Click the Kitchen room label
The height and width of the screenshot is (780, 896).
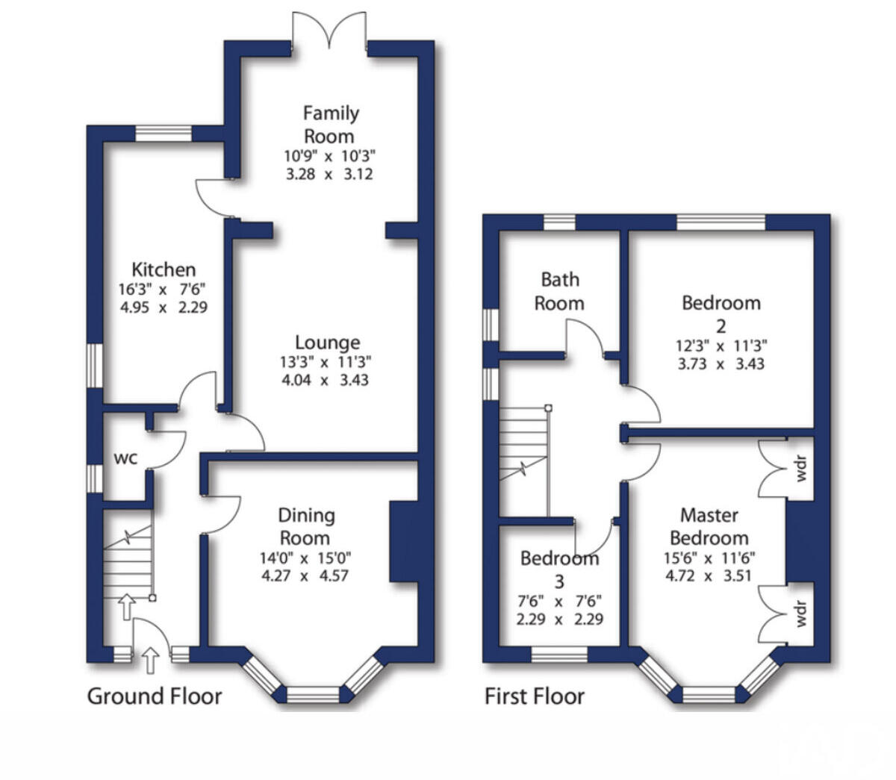coord(164,269)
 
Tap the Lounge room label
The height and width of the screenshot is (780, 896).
coord(328,343)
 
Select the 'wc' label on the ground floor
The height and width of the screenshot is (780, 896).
coord(125,458)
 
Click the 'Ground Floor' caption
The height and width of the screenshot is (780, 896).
coord(155,696)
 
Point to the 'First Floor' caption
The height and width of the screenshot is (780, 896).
coord(535,696)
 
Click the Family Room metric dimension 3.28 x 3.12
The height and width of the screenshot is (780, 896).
coord(329,174)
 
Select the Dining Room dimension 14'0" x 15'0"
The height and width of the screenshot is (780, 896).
coord(305,558)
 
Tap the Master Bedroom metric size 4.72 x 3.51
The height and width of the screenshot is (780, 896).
coord(708,575)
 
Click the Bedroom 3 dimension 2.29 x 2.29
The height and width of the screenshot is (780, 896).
coord(559,619)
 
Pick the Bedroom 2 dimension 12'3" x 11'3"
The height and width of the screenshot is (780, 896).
coord(721,346)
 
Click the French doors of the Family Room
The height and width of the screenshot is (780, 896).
coord(329,31)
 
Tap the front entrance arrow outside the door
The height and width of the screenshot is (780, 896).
coord(151,660)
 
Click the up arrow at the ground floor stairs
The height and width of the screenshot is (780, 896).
coord(127,607)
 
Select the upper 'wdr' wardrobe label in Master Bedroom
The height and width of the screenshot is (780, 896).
coord(800,469)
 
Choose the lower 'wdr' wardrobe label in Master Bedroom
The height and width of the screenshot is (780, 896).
coord(800,614)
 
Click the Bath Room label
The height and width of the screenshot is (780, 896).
coord(560,292)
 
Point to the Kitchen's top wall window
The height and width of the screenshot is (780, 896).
coord(164,134)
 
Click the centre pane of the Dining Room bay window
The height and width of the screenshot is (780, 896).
coord(313,694)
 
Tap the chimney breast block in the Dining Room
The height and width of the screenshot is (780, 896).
coord(404,541)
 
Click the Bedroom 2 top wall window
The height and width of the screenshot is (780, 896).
coord(721,222)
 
